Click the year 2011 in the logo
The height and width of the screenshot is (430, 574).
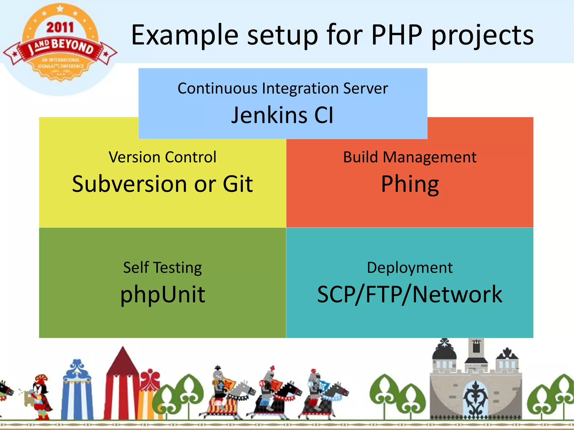click(x=60, y=28)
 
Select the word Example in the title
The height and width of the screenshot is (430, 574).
click(x=185, y=35)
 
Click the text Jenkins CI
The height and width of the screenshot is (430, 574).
click(x=283, y=115)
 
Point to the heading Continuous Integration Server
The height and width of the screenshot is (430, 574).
click(x=283, y=89)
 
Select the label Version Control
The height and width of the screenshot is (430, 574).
click(x=163, y=157)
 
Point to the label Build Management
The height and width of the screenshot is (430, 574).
click(x=410, y=157)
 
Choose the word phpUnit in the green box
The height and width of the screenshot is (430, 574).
click(x=163, y=295)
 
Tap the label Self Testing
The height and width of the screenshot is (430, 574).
click(x=163, y=268)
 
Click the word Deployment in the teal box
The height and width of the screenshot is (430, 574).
click(x=410, y=268)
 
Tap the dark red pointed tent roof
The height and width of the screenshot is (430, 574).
click(x=122, y=361)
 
